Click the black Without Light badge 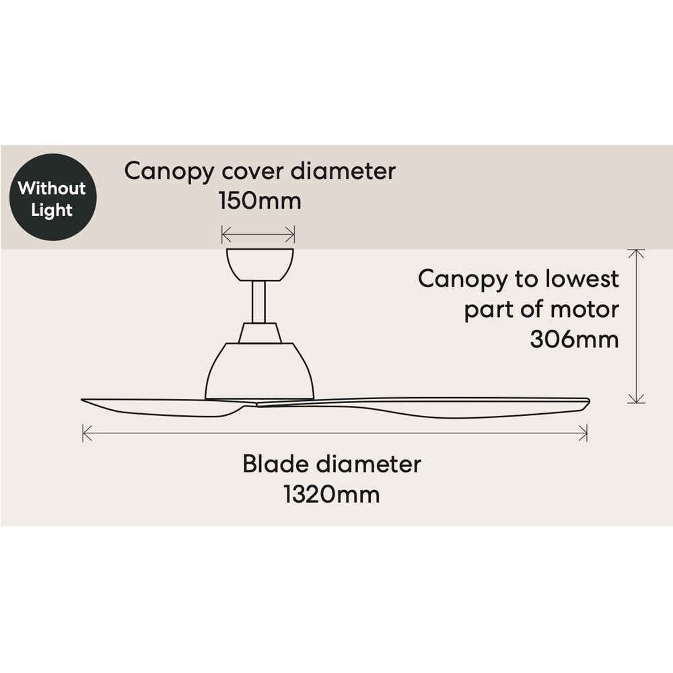click(52, 197)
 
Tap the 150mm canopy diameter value click(260, 201)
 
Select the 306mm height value click(573, 339)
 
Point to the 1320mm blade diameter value click(331, 495)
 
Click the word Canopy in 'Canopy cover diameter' click(170, 171)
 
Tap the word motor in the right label click(582, 309)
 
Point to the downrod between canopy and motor click(259, 301)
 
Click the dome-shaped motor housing click(259, 370)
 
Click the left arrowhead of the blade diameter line click(85, 433)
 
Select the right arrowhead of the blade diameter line click(585, 433)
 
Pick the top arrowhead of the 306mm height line click(635, 252)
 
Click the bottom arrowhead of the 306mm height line click(635, 400)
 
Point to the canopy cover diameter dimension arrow click(258, 234)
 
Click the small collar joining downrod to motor click(259, 332)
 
